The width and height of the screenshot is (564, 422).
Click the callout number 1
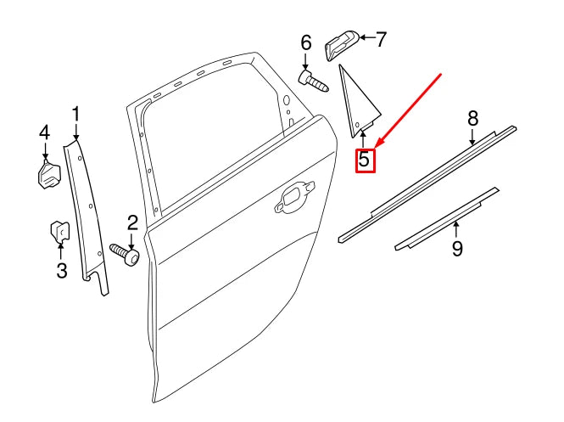pos(75,113)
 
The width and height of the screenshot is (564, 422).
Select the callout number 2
pos(132,223)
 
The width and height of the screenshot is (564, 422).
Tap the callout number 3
pos(60,271)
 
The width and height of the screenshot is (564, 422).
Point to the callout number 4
pos(44,132)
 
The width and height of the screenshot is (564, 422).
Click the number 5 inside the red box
pos(364,159)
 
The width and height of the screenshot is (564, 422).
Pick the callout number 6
pos(306,42)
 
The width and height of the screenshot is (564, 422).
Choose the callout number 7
pos(381,38)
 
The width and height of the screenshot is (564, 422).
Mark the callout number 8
pos(473,118)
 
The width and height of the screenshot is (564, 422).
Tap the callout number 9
pos(456,249)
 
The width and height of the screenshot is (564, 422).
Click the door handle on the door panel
pos(293,197)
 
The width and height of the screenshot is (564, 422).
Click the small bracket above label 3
pos(59,231)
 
